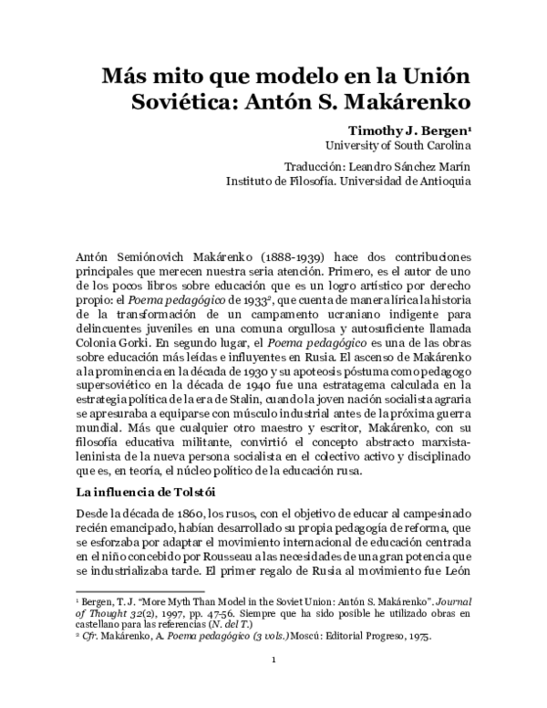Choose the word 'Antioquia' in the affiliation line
coord(440,181)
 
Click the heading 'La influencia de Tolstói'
coord(149,493)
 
